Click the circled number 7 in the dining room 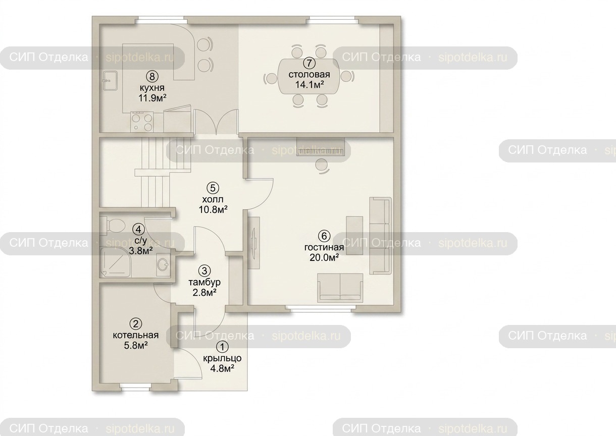point(309,63)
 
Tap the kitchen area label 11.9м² point(152,98)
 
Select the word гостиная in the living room point(324,247)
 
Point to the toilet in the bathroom point(114,225)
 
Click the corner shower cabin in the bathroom point(115,262)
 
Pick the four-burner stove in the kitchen point(142,122)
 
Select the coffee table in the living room point(354,235)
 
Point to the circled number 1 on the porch point(223,347)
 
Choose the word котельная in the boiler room point(136,335)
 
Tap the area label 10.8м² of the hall point(213,210)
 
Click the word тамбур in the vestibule point(204,282)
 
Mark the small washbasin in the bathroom point(163,265)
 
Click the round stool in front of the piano point(321,166)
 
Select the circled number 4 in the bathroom point(138,229)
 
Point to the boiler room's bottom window point(135,387)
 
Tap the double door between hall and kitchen point(216,122)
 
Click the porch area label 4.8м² point(222,368)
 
